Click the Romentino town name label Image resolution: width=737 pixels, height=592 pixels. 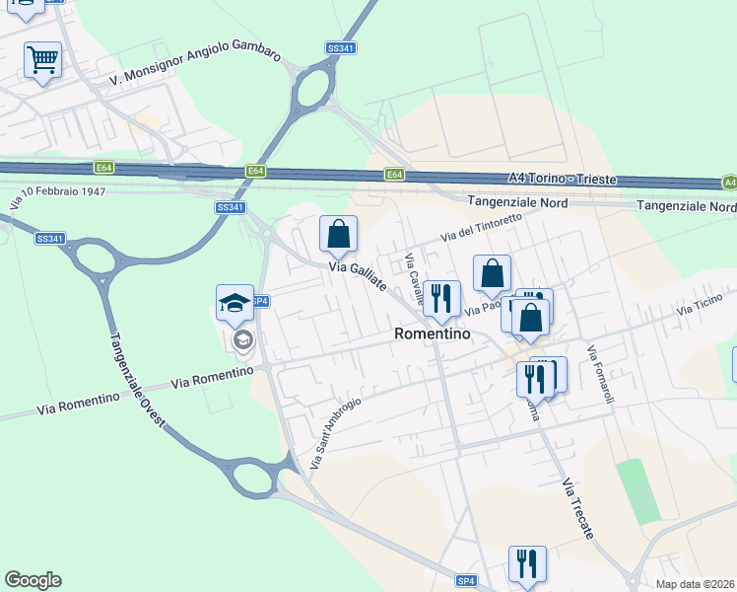[x=432, y=334]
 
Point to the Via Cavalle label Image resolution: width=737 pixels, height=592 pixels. [x=415, y=278]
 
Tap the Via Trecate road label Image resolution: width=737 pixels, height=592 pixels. [x=578, y=509]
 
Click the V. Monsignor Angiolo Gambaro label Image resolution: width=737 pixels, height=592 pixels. [x=195, y=65]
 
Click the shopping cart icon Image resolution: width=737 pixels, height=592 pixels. [x=42, y=60]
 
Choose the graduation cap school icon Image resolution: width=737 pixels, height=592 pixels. [x=235, y=302]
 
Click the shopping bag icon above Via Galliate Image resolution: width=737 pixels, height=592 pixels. [x=338, y=235]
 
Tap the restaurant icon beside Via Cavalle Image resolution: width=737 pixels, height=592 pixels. [x=441, y=298]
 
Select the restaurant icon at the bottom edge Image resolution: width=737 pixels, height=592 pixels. [x=526, y=563]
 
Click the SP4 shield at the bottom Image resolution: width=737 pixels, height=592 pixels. [x=467, y=581]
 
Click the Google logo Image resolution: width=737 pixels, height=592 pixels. [x=33, y=580]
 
